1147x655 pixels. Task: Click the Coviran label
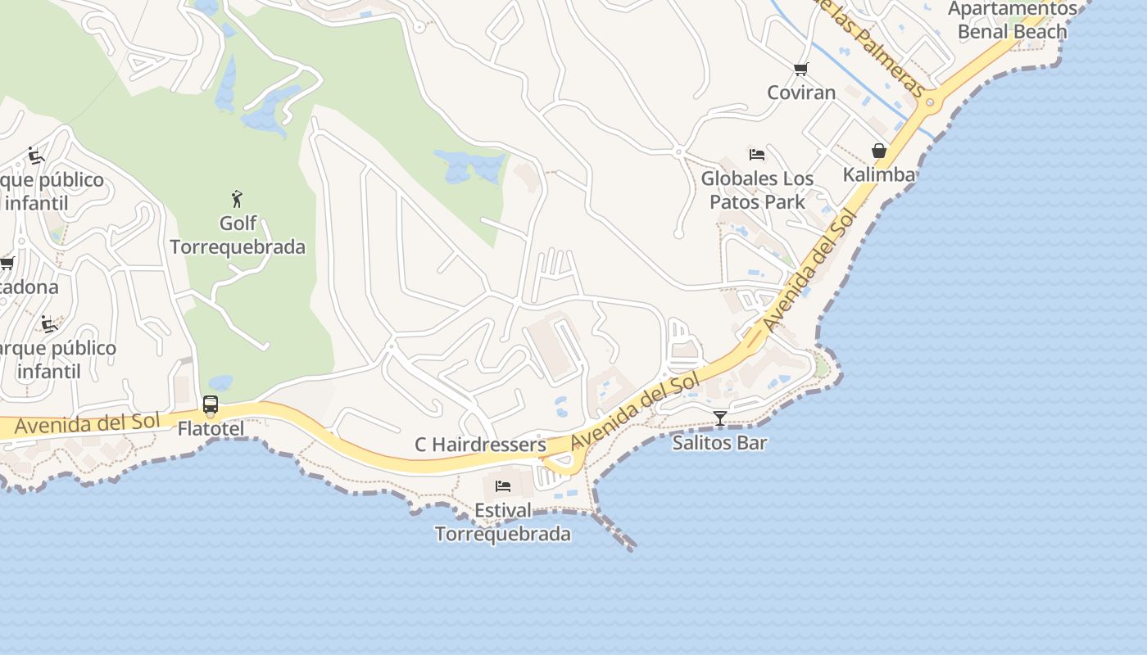click(x=801, y=93)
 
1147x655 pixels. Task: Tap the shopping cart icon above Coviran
click(x=801, y=70)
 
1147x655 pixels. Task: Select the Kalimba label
click(x=879, y=174)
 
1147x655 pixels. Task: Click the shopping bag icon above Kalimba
click(x=879, y=151)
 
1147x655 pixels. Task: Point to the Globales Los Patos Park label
click(x=757, y=190)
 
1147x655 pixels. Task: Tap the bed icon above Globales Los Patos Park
click(x=757, y=154)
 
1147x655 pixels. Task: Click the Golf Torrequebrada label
click(x=238, y=235)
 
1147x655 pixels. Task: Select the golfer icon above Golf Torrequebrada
click(x=238, y=199)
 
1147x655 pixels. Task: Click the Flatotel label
click(x=211, y=428)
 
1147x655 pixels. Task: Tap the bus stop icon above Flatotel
click(x=211, y=404)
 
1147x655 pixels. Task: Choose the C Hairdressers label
click(x=480, y=445)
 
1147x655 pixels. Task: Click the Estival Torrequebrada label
click(x=502, y=522)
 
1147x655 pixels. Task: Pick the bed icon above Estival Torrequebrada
click(x=502, y=486)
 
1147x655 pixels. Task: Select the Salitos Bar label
click(x=719, y=443)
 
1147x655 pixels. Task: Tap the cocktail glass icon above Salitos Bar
click(x=719, y=418)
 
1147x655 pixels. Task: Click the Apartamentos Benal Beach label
click(x=1013, y=20)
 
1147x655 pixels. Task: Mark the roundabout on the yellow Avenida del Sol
click(x=930, y=103)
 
